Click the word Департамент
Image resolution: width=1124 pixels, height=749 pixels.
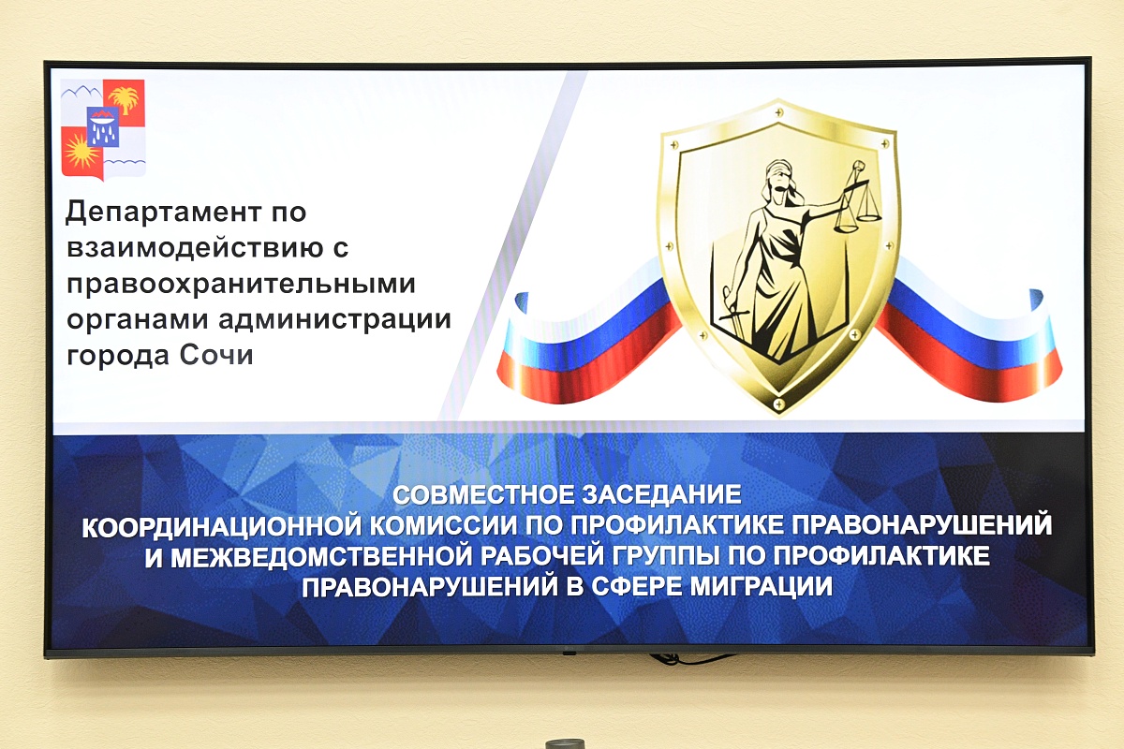164,212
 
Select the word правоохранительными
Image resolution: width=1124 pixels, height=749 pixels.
242,285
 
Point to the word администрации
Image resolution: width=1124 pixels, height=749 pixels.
334,320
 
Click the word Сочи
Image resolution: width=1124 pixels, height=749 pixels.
216,356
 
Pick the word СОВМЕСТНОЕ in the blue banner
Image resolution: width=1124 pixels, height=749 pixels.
483,495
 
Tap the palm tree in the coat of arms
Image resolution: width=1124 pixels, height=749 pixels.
124,99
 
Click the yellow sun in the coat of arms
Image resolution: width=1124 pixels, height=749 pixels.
81,152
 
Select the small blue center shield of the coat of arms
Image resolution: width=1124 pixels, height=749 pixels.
103,126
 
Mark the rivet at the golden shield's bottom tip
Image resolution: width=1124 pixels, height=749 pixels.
778,403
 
